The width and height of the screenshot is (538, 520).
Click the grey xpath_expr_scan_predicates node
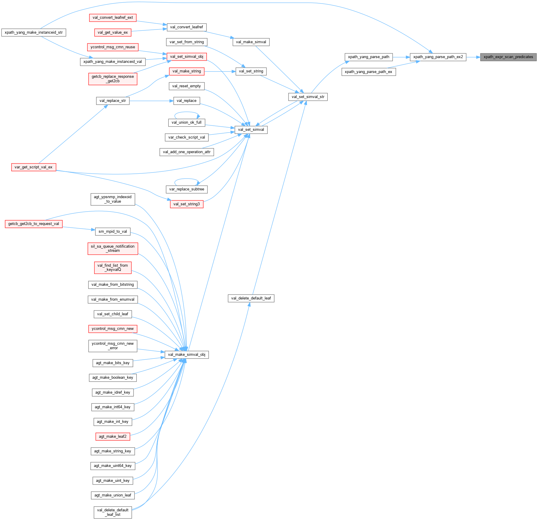point(508,57)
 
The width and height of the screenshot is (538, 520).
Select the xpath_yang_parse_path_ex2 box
point(438,57)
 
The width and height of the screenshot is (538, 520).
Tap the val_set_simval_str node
point(308,97)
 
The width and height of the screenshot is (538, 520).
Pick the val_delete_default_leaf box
point(251,298)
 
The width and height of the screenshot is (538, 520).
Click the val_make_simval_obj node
point(187,355)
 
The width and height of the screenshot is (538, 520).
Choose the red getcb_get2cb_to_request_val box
point(34,224)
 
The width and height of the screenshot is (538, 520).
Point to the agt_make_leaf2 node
point(113,437)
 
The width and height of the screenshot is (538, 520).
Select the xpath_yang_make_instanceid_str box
point(34,32)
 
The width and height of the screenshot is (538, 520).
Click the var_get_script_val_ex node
point(33,167)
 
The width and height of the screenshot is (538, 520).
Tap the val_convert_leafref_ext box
point(113,18)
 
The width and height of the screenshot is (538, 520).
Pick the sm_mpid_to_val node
point(113,232)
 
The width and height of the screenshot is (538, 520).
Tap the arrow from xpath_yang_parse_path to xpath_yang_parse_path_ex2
point(401,57)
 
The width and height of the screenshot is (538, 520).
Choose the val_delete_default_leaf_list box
point(113,512)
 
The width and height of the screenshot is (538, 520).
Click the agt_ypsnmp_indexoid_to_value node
point(113,199)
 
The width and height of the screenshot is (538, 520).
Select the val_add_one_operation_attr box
point(187,152)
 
